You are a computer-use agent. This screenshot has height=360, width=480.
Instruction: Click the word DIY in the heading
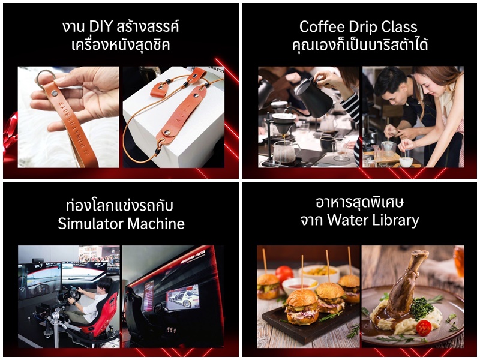click(101, 27)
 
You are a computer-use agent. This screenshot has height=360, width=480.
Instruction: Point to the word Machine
click(156, 223)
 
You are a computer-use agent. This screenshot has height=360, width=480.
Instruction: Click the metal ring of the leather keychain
click(44, 78)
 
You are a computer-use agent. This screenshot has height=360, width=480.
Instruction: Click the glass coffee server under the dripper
click(286, 151)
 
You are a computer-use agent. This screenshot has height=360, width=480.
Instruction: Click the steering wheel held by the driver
click(73, 293)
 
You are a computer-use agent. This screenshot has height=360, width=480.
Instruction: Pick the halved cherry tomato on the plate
click(424, 328)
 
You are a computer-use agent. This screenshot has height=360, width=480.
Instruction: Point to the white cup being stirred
click(406, 161)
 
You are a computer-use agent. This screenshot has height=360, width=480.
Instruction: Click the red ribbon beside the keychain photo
click(10, 134)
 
